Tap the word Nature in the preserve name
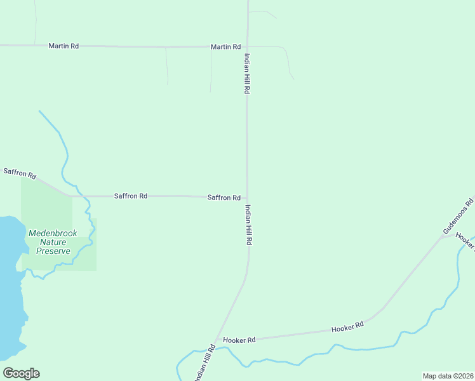pyautogui.click(x=53, y=242)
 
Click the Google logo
pyautogui.click(x=21, y=373)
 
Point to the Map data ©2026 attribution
pyautogui.click(x=448, y=376)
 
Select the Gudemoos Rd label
pyautogui.click(x=458, y=218)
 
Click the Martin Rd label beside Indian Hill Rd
pyautogui.click(x=225, y=47)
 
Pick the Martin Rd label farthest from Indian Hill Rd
pyautogui.click(x=64, y=46)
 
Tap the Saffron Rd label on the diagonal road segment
pyautogui.click(x=20, y=173)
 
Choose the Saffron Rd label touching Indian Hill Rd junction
pyautogui.click(x=224, y=197)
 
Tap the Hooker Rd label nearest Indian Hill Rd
pyautogui.click(x=239, y=340)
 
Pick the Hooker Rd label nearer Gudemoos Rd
pyautogui.click(x=347, y=326)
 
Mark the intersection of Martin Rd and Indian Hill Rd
pyautogui.click(x=247, y=47)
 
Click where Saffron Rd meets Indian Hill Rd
pyautogui.click(x=247, y=197)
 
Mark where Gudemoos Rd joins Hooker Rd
pyautogui.click(x=442, y=236)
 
